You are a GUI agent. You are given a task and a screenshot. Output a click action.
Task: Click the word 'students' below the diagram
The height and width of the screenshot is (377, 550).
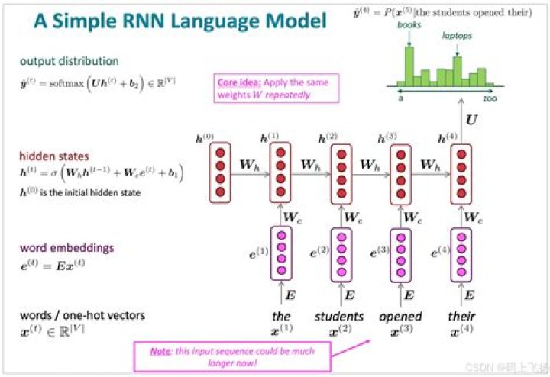338,316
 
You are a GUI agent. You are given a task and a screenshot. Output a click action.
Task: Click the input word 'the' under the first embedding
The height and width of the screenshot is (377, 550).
280,316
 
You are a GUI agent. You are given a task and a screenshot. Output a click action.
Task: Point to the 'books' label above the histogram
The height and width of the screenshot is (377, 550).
409,24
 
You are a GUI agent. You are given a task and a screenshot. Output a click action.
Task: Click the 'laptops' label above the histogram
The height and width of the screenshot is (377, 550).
457,35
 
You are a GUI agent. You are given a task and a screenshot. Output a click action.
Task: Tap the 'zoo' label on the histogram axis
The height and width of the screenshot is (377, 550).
490,98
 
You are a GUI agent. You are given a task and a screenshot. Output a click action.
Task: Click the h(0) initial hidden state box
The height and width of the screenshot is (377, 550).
221,172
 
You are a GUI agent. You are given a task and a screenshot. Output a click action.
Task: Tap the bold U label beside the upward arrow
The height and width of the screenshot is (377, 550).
472,121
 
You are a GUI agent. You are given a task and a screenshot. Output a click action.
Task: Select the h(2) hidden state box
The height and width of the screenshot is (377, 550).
341,172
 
